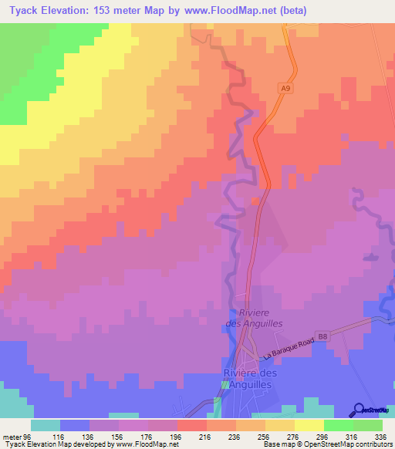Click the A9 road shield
[285, 89]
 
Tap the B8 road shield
[322, 336]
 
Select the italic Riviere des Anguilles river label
[262, 318]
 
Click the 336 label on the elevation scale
[380, 435]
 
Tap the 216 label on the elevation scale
[204, 435]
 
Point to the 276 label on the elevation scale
[292, 435]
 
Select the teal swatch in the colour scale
[46, 425]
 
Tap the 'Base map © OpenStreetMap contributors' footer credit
[324, 444]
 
